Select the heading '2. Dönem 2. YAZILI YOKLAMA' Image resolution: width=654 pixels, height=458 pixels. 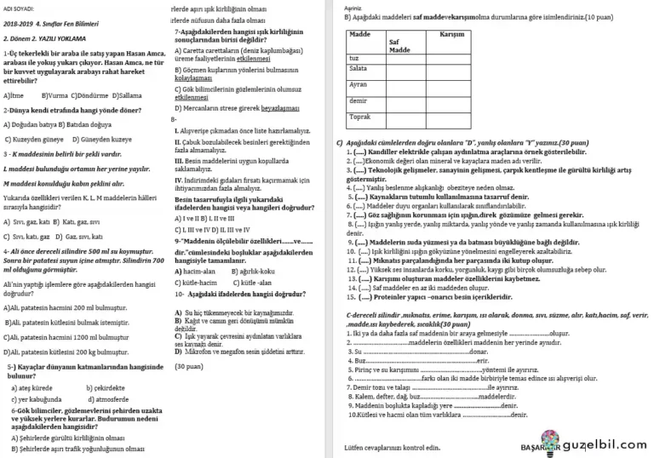coord(42,39)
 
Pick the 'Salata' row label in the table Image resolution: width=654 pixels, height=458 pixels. coord(359,68)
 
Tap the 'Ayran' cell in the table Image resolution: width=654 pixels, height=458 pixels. coord(359,84)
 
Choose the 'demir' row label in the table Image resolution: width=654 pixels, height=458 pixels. coord(358,100)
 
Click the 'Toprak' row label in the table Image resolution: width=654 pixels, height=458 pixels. coord(360,116)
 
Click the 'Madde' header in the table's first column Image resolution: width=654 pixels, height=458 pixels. coord(361,35)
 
